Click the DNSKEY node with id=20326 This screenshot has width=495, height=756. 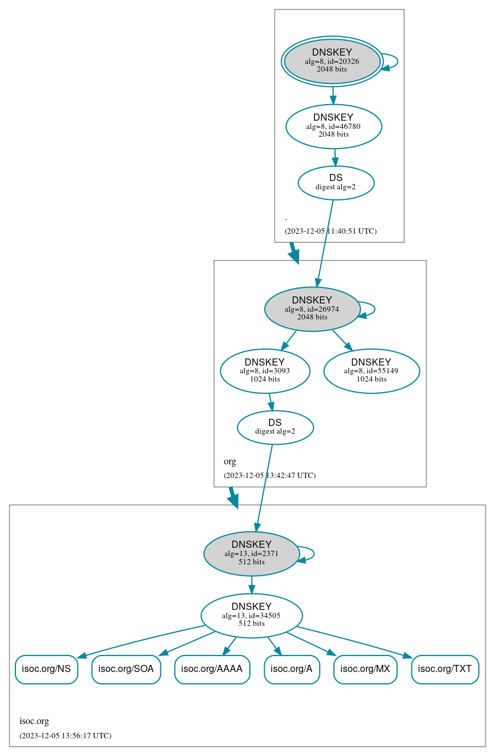click(332, 62)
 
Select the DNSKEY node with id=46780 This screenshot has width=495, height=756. click(333, 126)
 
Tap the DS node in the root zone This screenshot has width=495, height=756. click(336, 183)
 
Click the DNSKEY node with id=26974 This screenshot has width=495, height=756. click(312, 309)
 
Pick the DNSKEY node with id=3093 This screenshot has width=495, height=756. click(265, 371)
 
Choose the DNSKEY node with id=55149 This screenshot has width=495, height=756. click(371, 371)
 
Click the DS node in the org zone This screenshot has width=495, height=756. click(275, 427)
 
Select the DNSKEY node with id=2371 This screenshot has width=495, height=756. click(252, 554)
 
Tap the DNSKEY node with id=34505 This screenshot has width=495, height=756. click(252, 616)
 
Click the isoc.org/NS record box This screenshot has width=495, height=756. click(46, 670)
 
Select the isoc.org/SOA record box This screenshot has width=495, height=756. click(126, 670)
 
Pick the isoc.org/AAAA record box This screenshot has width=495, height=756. click(212, 670)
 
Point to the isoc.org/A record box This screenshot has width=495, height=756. click(291, 670)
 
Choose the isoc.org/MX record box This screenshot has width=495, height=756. click(365, 670)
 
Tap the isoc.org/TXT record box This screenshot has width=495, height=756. click(445, 670)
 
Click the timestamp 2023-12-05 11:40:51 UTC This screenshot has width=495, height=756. click(330, 231)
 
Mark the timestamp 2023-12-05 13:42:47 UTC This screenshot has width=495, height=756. click(269, 476)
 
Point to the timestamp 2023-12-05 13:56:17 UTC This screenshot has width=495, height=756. click(65, 736)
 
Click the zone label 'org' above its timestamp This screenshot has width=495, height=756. click(230, 461)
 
